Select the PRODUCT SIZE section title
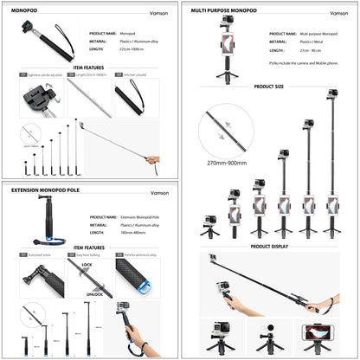[x=269, y=87]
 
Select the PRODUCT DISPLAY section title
[x=269, y=246]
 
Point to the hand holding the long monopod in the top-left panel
[x=152, y=160]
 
